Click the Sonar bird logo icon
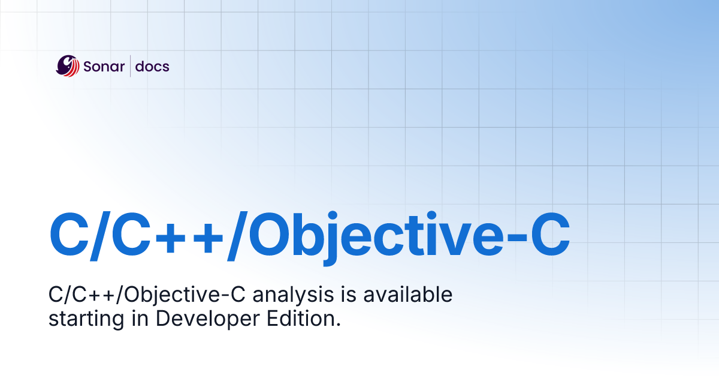pyautogui.click(x=68, y=66)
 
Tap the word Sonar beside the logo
pyautogui.click(x=102, y=66)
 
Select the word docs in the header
pyautogui.click(x=152, y=66)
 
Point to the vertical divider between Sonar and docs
pyautogui.click(x=130, y=66)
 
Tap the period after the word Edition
pyautogui.click(x=337, y=324)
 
